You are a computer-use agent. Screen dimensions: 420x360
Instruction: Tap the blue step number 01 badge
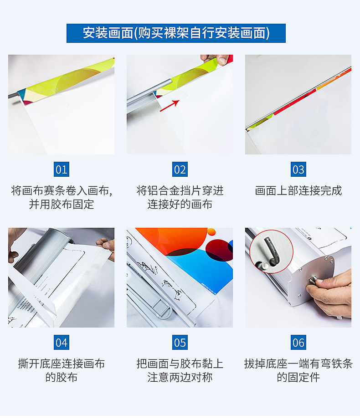[x=61, y=169]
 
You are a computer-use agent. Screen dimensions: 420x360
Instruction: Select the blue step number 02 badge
[x=180, y=169]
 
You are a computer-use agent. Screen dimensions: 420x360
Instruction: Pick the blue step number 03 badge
[x=298, y=169]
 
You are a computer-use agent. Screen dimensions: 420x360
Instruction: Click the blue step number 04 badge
[x=61, y=342]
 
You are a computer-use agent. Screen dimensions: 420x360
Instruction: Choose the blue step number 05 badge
[x=180, y=342]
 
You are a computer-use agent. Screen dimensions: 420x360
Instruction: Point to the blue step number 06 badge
[x=298, y=342]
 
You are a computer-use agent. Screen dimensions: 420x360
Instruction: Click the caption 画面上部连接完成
[x=298, y=191]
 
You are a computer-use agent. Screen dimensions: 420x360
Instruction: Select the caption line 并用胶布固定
[x=61, y=205]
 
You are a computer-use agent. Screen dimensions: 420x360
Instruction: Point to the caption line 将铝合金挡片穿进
[x=180, y=191]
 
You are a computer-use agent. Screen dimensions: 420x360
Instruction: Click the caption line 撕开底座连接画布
[x=61, y=364]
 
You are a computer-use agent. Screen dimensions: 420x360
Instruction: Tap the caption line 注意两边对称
[x=180, y=378]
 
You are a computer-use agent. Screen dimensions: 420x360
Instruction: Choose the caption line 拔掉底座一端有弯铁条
[x=298, y=364]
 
